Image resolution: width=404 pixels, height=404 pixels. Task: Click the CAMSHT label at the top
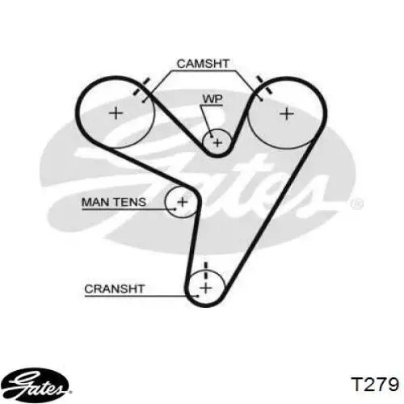point(203,64)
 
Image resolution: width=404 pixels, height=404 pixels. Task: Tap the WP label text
point(213,99)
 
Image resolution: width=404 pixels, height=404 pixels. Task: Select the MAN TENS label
point(114,202)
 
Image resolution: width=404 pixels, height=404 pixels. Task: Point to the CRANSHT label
point(115,289)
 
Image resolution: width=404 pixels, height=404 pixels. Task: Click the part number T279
point(375,384)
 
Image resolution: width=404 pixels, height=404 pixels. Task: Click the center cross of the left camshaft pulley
point(116,113)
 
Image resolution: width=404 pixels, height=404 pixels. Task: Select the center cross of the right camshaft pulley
point(287,113)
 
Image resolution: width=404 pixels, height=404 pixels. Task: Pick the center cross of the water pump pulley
point(217,142)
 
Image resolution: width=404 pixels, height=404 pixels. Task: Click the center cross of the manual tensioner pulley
point(183,202)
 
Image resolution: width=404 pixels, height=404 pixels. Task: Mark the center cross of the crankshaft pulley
point(206,288)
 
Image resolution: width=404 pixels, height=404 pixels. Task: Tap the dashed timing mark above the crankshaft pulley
point(206,271)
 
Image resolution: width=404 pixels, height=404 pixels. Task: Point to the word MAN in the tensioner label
point(94,202)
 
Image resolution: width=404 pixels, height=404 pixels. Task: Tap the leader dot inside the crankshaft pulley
point(198,296)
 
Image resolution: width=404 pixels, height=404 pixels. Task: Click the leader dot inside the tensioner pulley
point(175,208)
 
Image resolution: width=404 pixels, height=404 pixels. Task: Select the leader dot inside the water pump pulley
point(212,137)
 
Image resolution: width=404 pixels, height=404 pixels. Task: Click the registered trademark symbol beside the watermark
point(357,204)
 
